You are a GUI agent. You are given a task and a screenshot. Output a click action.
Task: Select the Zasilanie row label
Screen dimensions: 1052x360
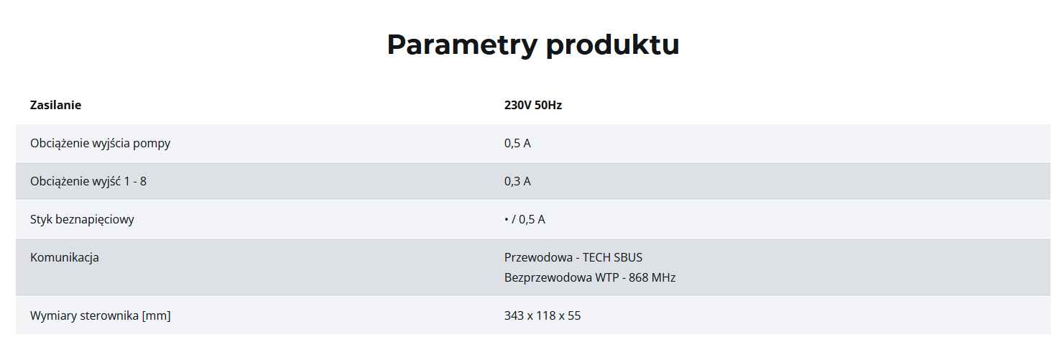coord(55,105)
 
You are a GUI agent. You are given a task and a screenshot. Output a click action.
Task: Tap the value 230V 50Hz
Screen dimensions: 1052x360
coord(533,105)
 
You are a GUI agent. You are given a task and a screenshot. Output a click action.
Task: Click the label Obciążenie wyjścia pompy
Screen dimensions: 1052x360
coord(100,144)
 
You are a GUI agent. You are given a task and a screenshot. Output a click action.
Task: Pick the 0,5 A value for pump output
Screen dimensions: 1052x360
coord(517,143)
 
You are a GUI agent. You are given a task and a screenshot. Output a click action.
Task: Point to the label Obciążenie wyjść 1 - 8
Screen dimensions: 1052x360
coord(88,182)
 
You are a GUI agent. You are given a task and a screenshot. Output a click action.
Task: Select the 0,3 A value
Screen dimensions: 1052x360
coord(517,181)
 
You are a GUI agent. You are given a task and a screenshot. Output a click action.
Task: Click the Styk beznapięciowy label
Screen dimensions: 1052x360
coord(82,220)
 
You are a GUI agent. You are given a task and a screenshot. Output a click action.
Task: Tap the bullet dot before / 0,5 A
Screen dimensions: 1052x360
coord(507,220)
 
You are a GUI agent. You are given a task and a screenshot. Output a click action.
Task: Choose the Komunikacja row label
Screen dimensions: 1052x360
coord(65,258)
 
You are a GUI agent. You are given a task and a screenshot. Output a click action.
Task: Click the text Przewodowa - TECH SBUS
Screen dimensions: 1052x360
coord(573,257)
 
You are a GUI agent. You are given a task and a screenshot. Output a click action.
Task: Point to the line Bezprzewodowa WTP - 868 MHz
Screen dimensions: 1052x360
coord(590,277)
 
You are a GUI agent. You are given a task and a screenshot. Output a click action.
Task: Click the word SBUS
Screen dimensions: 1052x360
coord(627,257)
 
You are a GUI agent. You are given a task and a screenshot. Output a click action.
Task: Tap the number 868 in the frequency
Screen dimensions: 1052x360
coord(638,277)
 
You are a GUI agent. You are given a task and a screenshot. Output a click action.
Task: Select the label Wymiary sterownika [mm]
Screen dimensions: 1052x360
coord(101,315)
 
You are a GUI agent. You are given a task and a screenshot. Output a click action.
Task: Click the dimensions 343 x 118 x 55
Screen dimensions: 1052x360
coord(543,315)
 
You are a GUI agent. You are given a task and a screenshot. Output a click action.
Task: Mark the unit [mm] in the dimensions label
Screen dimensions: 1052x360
coord(157,316)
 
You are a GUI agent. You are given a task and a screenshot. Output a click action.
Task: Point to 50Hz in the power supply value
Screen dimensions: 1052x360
coord(548,105)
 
